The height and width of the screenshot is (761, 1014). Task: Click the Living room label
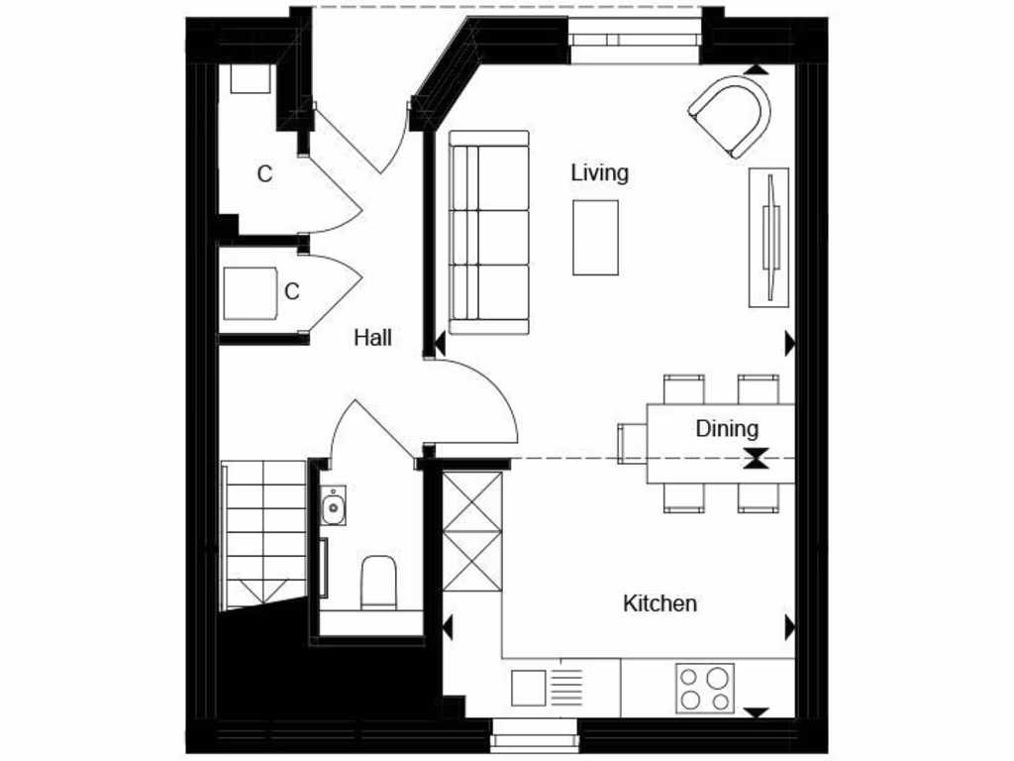(599, 172)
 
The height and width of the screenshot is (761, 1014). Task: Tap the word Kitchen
(659, 602)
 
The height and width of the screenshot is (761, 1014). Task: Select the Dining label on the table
(727, 429)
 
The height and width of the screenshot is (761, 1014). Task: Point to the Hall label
(372, 338)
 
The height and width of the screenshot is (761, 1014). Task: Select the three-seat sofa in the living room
(488, 232)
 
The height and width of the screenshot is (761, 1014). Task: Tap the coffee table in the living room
(595, 237)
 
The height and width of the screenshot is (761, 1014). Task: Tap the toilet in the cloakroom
(378, 583)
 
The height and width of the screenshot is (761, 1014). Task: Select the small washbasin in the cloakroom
(333, 506)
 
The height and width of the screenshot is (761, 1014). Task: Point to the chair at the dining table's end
(631, 443)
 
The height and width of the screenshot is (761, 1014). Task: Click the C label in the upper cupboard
(264, 174)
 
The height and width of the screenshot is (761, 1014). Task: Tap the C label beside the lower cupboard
(291, 292)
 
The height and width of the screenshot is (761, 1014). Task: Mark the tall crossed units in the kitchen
(471, 531)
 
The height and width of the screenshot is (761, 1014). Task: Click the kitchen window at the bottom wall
(535, 734)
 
